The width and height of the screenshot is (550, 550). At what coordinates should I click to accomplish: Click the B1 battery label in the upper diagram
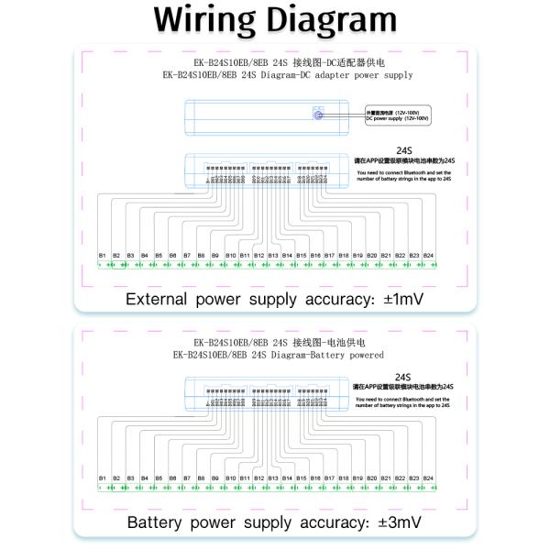point(103,255)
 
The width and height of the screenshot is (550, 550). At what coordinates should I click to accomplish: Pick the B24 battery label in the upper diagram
point(428,255)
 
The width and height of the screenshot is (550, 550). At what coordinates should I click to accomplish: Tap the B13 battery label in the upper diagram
point(273,255)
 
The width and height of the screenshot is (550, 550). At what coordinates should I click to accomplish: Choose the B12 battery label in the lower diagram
point(258,478)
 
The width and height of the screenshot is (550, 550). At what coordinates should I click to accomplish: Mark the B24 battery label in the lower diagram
point(428,478)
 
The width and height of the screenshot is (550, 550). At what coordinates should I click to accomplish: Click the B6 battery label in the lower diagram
point(173,478)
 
